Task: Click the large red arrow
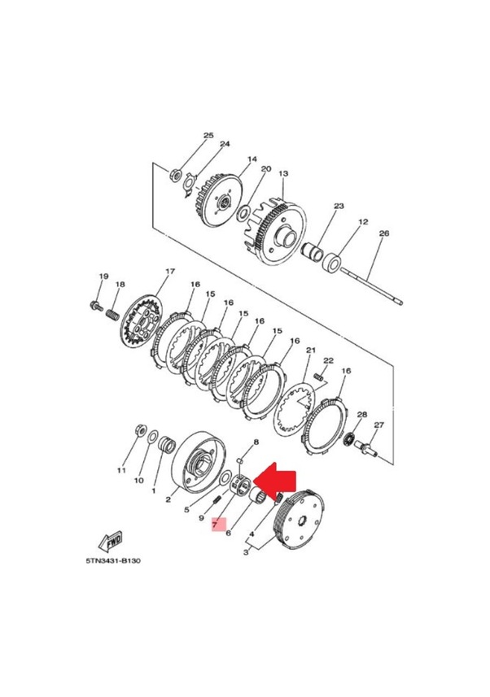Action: [x=275, y=480]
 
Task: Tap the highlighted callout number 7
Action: [x=215, y=525]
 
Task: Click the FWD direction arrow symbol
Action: [x=110, y=542]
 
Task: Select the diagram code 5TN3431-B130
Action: [x=113, y=561]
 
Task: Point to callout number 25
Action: [x=208, y=135]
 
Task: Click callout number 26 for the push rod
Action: [x=383, y=233]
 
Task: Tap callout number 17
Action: [x=170, y=271]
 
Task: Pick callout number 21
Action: [x=311, y=351]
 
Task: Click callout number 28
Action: [x=362, y=414]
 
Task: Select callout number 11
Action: [x=121, y=470]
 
